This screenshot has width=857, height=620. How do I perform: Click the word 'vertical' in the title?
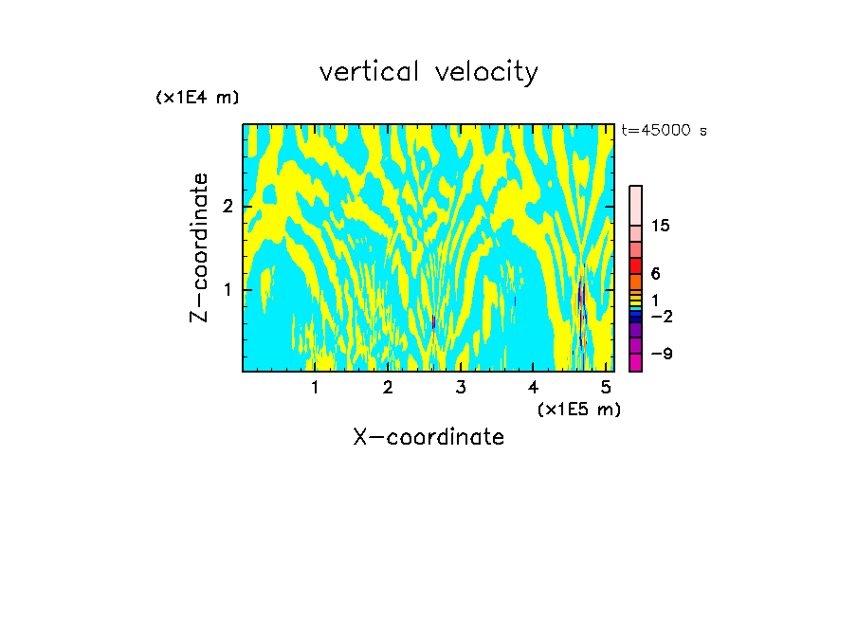tap(368, 72)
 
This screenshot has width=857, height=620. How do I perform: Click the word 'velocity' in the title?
tap(487, 72)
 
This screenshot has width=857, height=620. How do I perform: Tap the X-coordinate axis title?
tap(428, 437)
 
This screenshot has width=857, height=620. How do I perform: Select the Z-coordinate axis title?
tap(199, 247)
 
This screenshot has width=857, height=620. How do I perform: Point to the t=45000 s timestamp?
tap(664, 131)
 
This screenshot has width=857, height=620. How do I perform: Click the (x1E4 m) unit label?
tap(197, 98)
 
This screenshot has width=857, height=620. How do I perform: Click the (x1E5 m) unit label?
tap(578, 409)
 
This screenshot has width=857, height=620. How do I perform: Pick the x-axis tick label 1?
tap(316, 387)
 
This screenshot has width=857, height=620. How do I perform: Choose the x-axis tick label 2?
tap(388, 387)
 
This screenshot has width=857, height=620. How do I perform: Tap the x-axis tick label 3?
tap(461, 387)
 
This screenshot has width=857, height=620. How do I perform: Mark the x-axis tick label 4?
tap(534, 387)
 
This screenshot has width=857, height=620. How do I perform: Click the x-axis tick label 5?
tap(606, 387)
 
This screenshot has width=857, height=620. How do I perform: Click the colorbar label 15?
tap(661, 226)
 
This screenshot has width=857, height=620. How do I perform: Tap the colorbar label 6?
tap(655, 273)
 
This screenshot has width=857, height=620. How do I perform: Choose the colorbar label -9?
tap(661, 354)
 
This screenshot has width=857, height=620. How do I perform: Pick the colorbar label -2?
tap(661, 316)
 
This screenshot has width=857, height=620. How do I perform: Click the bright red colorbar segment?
tap(635, 265)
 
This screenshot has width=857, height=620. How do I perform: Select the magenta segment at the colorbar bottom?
tap(635, 362)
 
